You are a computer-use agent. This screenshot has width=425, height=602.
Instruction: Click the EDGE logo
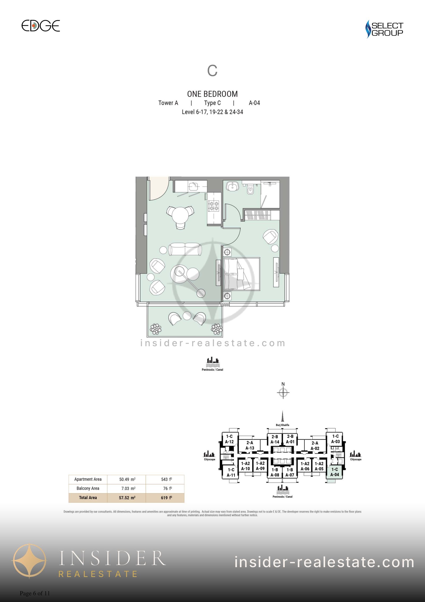(41, 26)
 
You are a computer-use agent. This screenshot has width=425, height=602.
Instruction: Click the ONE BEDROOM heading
(212, 94)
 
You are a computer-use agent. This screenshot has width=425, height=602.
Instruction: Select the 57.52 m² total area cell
(127, 498)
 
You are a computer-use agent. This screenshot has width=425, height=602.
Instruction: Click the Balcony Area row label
(88, 488)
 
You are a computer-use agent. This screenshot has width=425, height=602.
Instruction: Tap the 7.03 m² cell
(127, 488)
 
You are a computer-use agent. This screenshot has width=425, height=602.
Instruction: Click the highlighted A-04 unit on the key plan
(334, 472)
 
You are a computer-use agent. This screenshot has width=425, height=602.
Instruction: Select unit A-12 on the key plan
(229, 439)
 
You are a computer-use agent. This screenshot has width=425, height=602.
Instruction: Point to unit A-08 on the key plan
(275, 472)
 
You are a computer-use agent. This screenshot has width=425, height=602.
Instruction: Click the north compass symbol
(283, 392)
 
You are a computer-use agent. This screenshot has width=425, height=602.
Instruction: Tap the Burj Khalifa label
(282, 425)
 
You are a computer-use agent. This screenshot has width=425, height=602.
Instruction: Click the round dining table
(180, 215)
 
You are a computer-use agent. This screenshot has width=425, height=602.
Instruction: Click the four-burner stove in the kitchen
(214, 206)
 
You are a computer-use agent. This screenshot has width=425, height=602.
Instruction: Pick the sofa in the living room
(185, 249)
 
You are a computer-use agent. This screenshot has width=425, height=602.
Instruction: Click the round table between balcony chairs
(187, 316)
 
